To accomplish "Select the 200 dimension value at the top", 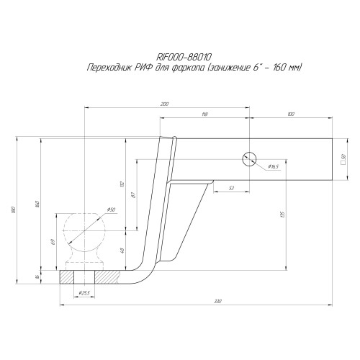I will pyautogui.click(x=165, y=104).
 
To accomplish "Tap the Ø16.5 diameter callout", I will pyautogui.click(x=273, y=167).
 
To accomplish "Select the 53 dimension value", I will pyautogui.click(x=230, y=188).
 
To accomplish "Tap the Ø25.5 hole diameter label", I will pyautogui.click(x=84, y=293).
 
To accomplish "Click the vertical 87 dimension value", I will pyautogui.click(x=131, y=196).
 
